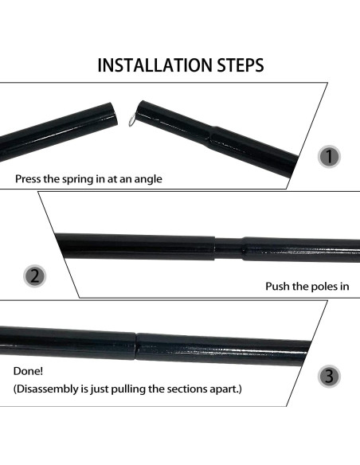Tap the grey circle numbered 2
point(34,277)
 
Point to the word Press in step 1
point(30,179)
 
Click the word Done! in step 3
point(29,371)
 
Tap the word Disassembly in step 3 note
point(49,389)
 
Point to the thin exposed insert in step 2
point(229,247)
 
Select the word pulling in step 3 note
point(115,389)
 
